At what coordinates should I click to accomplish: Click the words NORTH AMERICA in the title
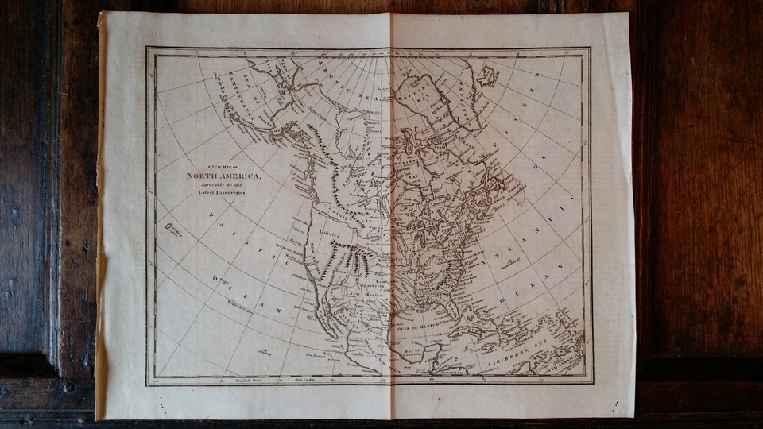coord(223,176)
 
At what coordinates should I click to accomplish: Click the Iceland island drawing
coord(487,76)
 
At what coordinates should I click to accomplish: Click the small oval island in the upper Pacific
coord(168,227)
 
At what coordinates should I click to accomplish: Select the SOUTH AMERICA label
coord(556,366)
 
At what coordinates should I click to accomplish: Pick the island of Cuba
coord(477,334)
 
